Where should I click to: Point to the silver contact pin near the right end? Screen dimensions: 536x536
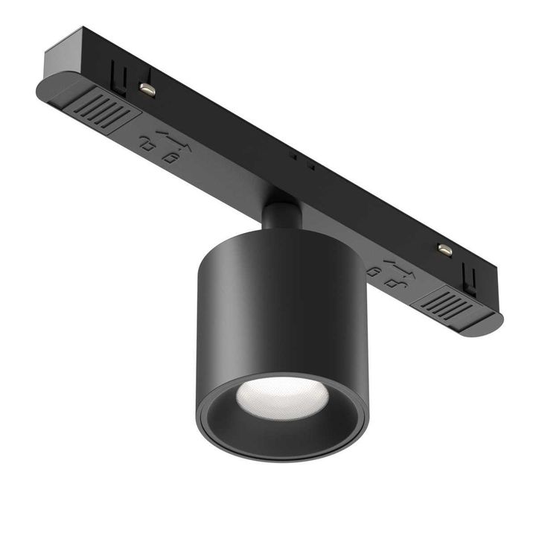444,249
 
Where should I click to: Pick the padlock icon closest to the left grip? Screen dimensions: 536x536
145,144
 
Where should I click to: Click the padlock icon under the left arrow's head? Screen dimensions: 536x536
170,156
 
